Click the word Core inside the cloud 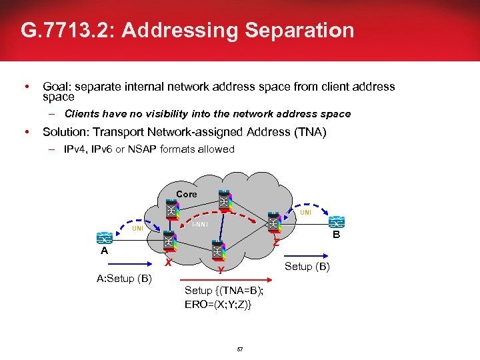[187, 194]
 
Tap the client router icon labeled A [104, 237]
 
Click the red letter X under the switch [169, 262]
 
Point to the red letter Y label [219, 270]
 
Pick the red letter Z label [275, 243]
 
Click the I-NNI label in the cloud [200, 224]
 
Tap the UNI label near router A [137, 229]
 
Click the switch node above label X [171, 241]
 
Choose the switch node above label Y [218, 251]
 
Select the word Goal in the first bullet [55, 87]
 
